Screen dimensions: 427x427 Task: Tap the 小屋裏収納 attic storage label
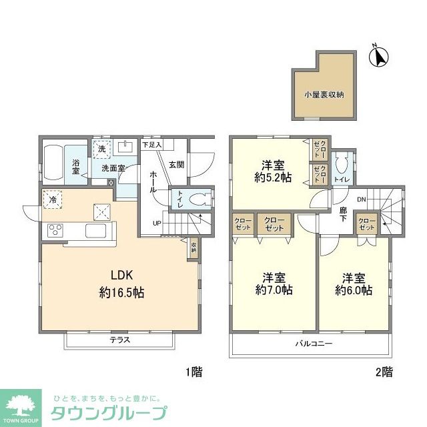(324, 95)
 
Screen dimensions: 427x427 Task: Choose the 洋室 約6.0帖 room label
(354, 284)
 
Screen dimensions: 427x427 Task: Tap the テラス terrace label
(120, 340)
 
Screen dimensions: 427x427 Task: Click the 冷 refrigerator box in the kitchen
(52, 199)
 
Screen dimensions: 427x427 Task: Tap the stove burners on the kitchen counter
(55, 232)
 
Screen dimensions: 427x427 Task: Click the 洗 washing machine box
(101, 149)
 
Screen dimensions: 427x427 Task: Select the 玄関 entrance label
(175, 164)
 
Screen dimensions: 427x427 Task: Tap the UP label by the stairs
(157, 223)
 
